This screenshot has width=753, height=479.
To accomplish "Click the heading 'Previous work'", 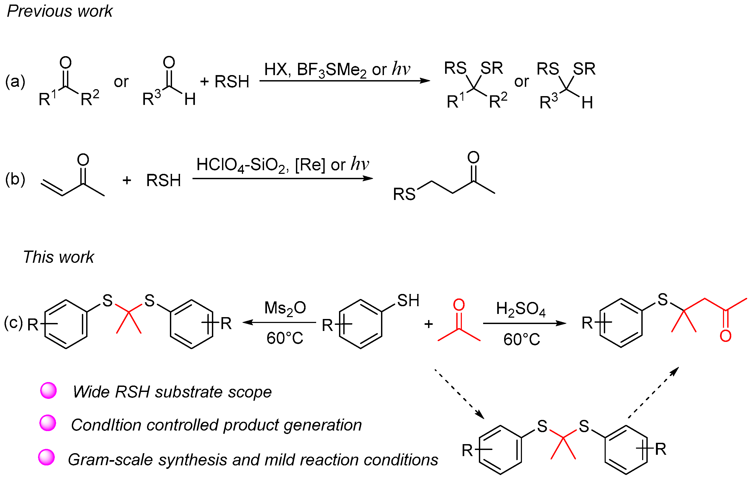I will [59, 11].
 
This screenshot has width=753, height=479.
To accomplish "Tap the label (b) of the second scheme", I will [15, 179].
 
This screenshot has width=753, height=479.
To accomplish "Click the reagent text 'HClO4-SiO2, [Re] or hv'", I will [282, 164].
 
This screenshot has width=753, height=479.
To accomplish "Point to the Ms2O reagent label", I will [285, 308].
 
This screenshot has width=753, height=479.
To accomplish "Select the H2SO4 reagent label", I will [521, 309].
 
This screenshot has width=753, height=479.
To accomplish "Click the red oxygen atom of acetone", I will [459, 305].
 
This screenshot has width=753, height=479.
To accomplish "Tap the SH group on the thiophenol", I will [408, 301].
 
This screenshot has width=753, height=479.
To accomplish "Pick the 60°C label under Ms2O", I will [285, 338].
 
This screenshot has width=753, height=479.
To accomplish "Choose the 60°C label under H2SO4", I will [522, 339].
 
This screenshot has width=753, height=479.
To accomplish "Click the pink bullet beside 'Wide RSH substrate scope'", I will [48, 390].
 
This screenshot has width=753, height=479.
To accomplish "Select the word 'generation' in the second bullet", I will [323, 425].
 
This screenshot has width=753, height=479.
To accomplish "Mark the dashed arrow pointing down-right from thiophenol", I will [459, 394].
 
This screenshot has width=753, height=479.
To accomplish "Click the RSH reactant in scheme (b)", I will [164, 180].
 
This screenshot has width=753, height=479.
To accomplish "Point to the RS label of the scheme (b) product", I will [404, 194].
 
